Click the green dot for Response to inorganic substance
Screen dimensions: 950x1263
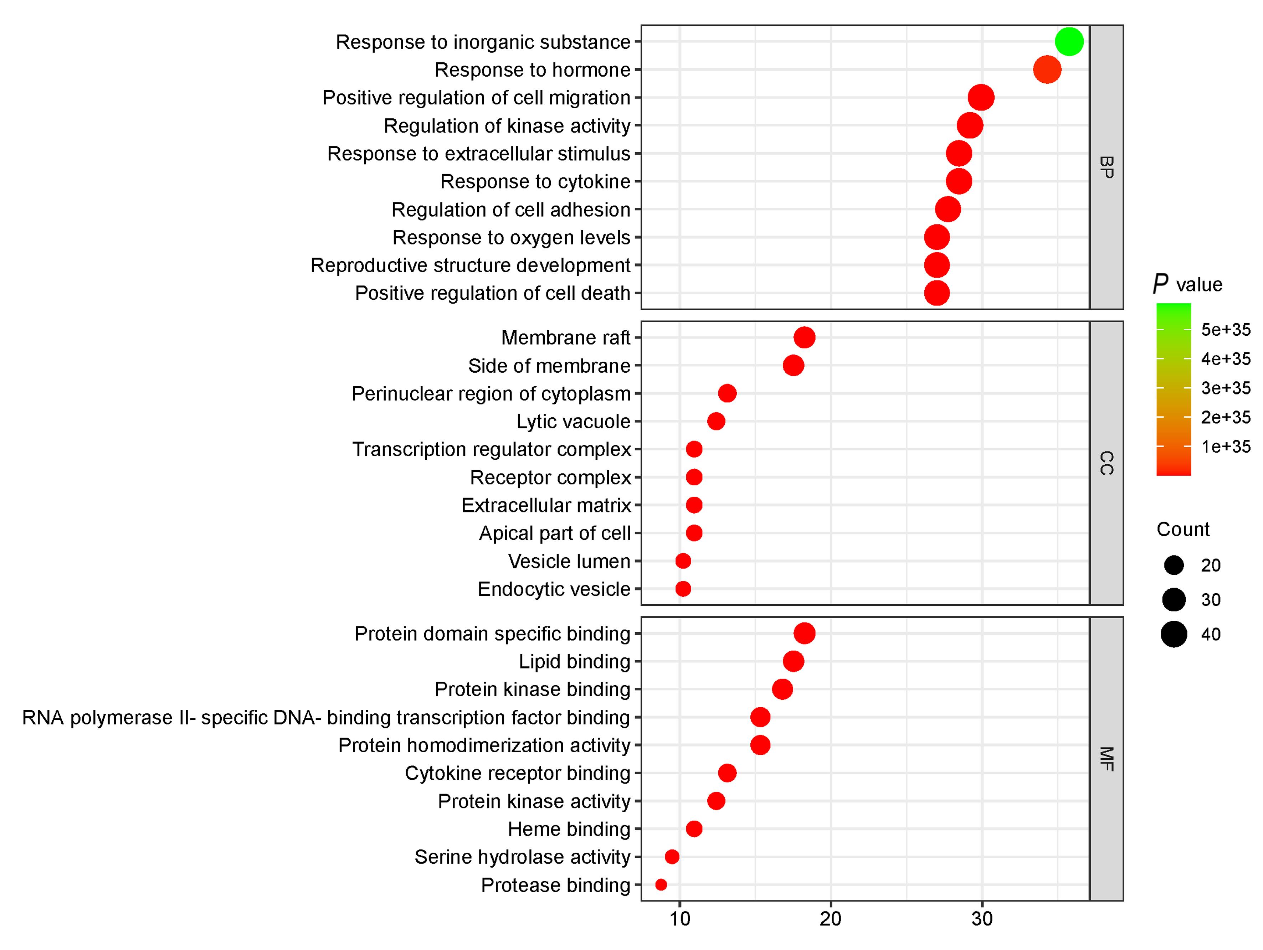(x=1069, y=42)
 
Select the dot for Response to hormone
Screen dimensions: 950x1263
(x=1047, y=69)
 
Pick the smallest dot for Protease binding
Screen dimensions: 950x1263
(x=661, y=884)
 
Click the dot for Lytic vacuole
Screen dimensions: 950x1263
(x=716, y=421)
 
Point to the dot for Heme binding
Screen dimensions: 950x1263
(x=694, y=828)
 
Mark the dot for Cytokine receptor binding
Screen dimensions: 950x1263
(x=727, y=773)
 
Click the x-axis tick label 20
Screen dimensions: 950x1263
(x=830, y=919)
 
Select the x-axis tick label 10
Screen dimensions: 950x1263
(x=679, y=919)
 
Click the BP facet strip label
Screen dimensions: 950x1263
(x=1106, y=167)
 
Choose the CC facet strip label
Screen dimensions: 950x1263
(x=1106, y=463)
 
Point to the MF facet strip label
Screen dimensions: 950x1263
(x=1106, y=759)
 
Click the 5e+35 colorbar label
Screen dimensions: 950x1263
(x=1225, y=329)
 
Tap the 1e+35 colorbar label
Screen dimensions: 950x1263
(x=1225, y=446)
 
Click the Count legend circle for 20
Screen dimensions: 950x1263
(x=1174, y=565)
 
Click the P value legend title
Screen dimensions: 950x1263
(x=1188, y=284)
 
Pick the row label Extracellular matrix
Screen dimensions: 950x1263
(x=546, y=505)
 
